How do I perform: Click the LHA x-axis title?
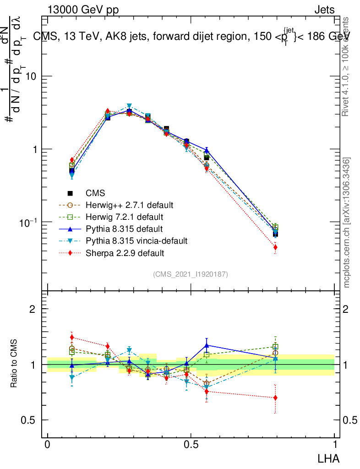tap(329, 458)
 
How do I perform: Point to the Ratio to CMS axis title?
tap(15, 362)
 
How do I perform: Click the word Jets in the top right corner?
tap(324, 10)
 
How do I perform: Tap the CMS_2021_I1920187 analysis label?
tap(191, 274)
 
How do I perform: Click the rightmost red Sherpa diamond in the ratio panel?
tap(275, 398)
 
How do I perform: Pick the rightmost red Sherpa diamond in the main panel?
tap(275, 247)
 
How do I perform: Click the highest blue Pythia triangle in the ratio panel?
tap(207, 345)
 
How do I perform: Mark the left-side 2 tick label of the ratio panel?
tap(33, 309)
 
